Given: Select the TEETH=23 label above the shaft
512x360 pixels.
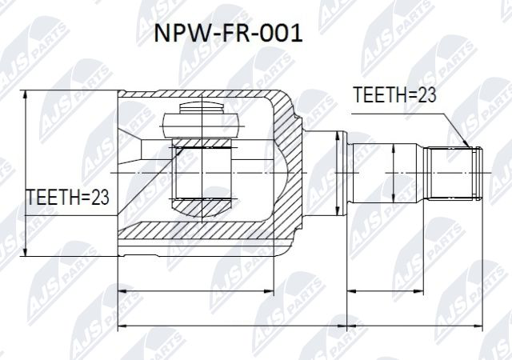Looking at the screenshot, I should pyautogui.click(x=394, y=95).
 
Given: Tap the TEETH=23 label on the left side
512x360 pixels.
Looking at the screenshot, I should pyautogui.click(x=67, y=195).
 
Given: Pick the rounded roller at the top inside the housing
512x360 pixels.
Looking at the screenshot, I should pyautogui.click(x=201, y=125).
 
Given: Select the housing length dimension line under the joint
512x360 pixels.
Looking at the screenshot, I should pyautogui.click(x=195, y=289).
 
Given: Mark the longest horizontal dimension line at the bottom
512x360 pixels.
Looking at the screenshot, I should pyautogui.click(x=305, y=326).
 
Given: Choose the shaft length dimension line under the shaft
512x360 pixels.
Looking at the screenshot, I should pyautogui.click(x=414, y=289).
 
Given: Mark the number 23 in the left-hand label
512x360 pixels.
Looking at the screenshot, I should pyautogui.click(x=98, y=195).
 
